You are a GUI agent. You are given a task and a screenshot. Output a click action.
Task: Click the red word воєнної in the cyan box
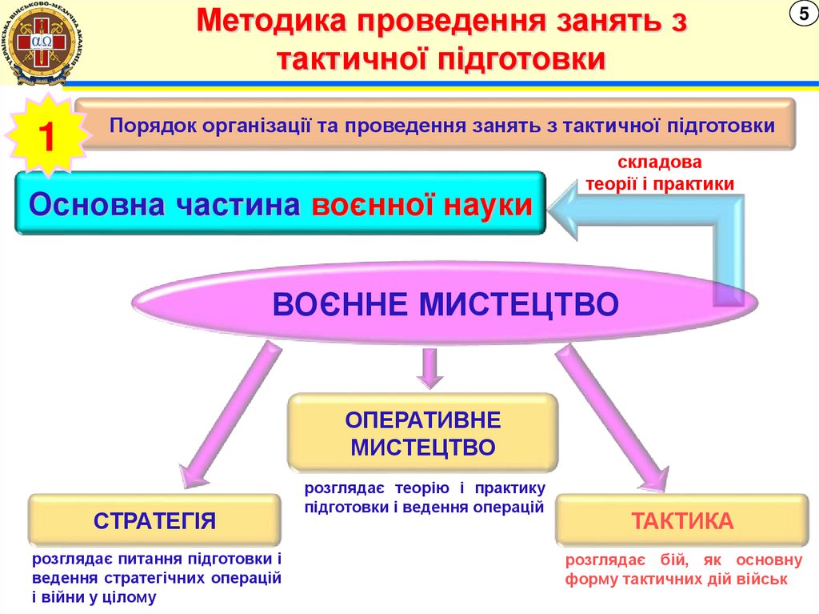(377, 204)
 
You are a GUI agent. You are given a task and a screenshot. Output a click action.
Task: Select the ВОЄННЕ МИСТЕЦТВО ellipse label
(445, 305)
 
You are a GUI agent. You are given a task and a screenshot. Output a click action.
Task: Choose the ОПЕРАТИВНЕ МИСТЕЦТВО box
(422, 431)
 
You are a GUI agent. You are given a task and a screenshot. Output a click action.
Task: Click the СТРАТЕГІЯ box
(154, 521)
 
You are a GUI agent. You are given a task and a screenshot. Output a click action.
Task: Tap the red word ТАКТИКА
(682, 521)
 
